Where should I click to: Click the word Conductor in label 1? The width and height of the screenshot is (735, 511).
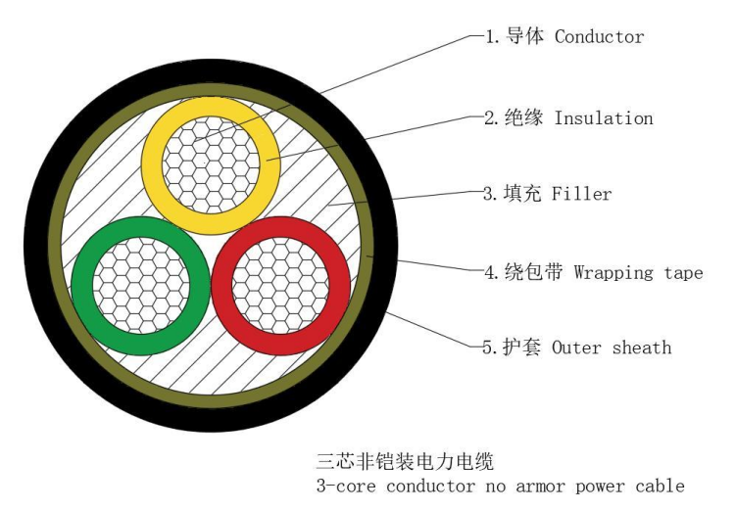599,36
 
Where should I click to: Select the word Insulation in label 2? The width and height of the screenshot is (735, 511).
604,117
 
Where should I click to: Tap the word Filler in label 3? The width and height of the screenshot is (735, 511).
582,194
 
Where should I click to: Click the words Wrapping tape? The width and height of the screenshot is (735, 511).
638,272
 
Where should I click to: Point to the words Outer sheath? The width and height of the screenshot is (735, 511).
612,348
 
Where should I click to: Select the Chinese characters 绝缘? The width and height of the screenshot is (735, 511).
523,117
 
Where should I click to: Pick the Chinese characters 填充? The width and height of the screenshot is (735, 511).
522,193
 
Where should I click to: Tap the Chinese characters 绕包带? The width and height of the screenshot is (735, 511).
533,272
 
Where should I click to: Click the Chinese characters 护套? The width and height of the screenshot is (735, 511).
521,348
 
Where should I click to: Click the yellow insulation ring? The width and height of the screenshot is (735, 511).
151,164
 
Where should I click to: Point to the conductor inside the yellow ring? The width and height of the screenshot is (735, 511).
211,164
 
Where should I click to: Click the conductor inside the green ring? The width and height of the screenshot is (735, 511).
141,286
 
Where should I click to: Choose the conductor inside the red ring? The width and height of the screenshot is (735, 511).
281,286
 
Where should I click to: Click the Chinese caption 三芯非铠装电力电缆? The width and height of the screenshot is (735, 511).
405,461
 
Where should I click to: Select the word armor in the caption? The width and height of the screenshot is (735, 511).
540,487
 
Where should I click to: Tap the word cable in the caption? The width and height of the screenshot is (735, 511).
660,486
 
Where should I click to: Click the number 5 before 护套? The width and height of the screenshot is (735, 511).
487,348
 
